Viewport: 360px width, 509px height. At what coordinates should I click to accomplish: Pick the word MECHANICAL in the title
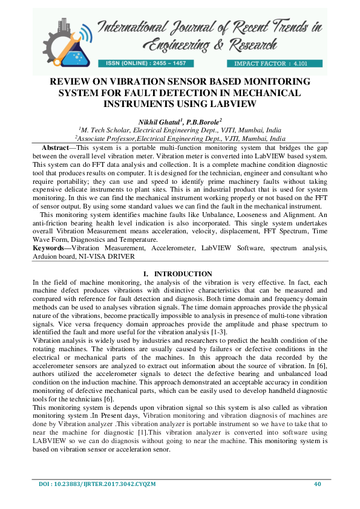click(266, 93)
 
